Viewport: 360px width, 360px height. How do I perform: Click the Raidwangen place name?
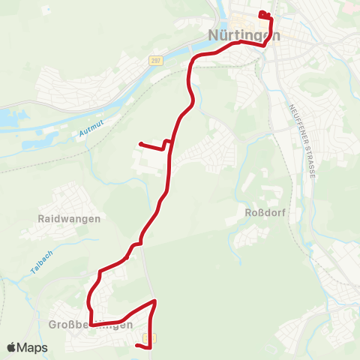coord(69,218)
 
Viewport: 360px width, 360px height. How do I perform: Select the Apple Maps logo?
coord(27,347)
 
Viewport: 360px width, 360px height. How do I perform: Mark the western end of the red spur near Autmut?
coord(141,144)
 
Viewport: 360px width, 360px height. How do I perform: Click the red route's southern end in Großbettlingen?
coord(137,345)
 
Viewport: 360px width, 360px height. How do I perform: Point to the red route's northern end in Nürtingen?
coord(261,13)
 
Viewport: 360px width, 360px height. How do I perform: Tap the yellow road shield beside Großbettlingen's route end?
coord(153,339)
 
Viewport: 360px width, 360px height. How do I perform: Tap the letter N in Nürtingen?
coord(212,35)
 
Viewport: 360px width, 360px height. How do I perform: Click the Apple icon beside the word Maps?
coord(12,347)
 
